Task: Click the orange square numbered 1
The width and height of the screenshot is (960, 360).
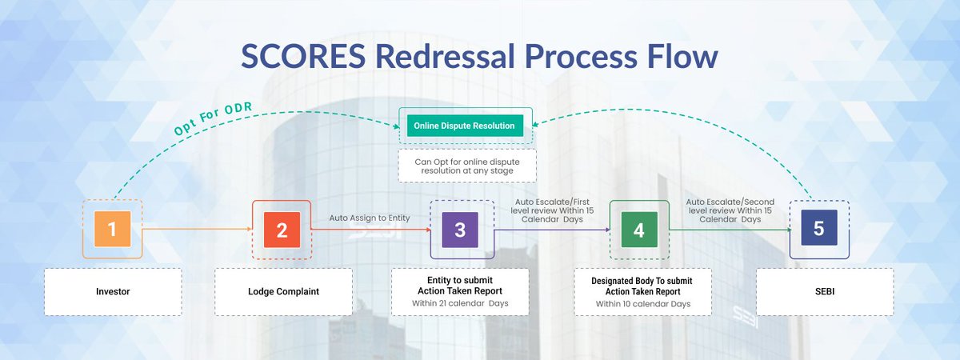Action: [112, 230]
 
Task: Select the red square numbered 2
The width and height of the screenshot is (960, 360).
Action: [282, 230]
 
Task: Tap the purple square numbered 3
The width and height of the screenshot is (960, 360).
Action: [459, 230]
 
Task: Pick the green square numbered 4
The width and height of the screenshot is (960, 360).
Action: [638, 230]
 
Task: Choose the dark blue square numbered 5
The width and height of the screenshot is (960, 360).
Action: [818, 229]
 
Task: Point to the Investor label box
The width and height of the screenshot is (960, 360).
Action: [112, 291]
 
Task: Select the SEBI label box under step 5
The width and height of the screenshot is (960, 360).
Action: [824, 291]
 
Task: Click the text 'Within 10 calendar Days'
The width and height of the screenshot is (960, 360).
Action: [642, 304]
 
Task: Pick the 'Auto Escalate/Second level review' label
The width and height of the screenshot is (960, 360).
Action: [729, 210]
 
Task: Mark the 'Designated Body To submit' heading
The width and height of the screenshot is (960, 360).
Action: [642, 281]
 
